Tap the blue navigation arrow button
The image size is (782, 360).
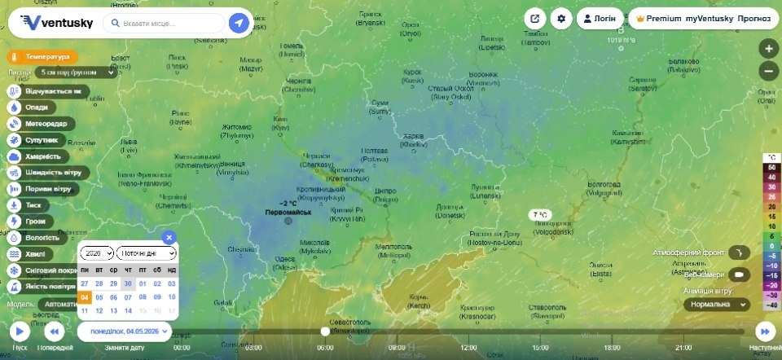(x=239, y=24)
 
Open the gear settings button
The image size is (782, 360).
(x=560, y=18)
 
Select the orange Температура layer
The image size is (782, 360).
(x=43, y=58)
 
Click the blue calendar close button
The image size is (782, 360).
(x=169, y=237)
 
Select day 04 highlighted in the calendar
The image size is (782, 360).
(x=85, y=297)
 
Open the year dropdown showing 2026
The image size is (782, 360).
(x=97, y=254)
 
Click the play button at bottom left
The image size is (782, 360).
(x=20, y=331)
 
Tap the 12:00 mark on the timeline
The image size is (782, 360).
(x=468, y=347)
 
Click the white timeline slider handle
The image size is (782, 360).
(x=325, y=331)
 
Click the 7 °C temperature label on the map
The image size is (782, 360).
(x=540, y=215)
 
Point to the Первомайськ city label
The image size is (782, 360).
(x=288, y=213)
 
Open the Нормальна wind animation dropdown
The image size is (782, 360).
(x=716, y=304)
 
